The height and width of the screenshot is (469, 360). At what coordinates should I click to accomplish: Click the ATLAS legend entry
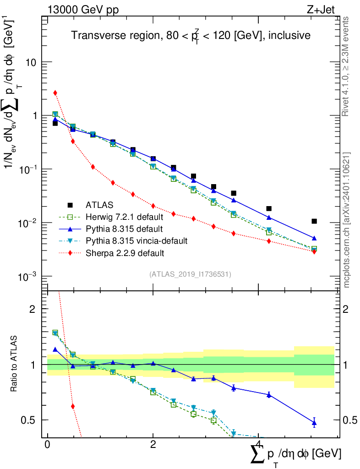(x=99, y=205)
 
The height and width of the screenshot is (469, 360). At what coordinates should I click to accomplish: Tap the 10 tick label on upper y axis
(x=31, y=62)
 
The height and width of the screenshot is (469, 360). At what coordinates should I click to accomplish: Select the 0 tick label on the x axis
(x=47, y=445)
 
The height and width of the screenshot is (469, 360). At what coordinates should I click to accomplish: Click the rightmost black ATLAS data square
(x=314, y=221)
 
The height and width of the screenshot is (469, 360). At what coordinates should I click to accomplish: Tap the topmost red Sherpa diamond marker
(x=55, y=93)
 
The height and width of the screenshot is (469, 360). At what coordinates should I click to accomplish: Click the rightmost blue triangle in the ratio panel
(x=314, y=423)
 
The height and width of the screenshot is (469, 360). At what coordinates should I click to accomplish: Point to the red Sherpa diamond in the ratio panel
(x=72, y=406)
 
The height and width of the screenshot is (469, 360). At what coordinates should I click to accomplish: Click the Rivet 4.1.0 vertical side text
(x=347, y=67)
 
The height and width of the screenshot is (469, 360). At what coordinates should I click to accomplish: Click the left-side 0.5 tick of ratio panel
(x=31, y=420)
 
